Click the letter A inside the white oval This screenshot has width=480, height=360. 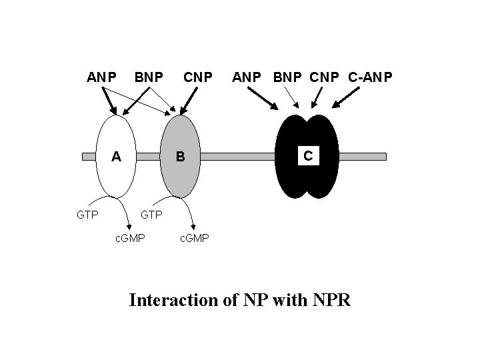tap(116, 157)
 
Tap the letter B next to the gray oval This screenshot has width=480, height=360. tap(179, 157)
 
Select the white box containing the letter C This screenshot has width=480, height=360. tap(307, 156)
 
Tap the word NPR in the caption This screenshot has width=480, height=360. tap(329, 300)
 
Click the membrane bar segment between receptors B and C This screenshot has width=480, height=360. tap(237, 157)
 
